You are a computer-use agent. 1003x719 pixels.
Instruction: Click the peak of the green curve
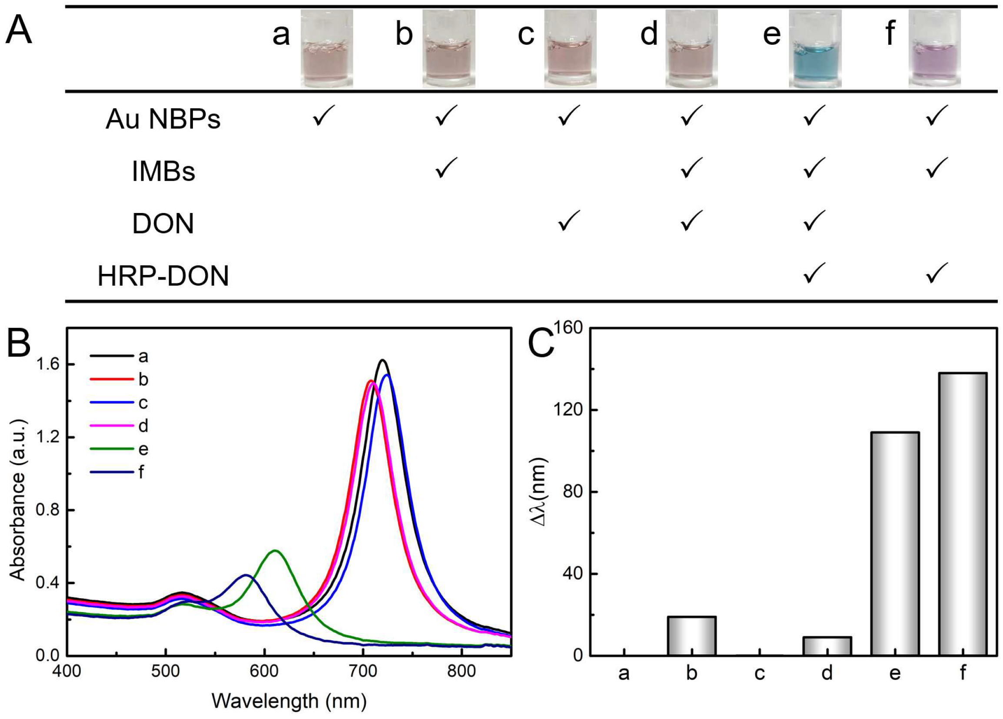pos(275,551)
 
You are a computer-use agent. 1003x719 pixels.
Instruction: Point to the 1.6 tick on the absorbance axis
pos(47,364)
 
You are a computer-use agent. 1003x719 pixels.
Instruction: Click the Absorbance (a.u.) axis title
pos(18,500)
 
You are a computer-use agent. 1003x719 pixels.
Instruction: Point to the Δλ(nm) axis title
pos(540,492)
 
